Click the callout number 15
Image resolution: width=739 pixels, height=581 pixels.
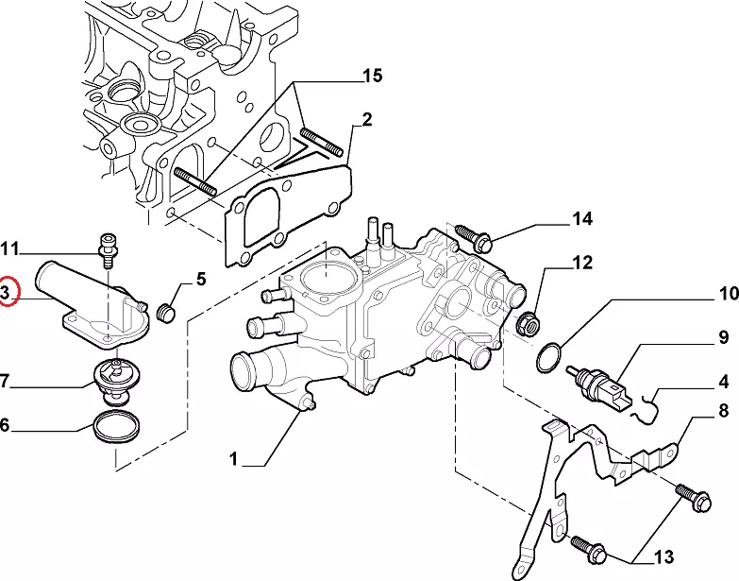(372, 76)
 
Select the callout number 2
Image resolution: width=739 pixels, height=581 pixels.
(366, 119)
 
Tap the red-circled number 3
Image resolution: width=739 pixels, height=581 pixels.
(6, 293)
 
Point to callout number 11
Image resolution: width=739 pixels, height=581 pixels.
(9, 249)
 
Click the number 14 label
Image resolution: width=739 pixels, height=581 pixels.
(581, 219)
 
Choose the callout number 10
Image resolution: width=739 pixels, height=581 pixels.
(728, 294)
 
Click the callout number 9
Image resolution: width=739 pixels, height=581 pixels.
(723, 336)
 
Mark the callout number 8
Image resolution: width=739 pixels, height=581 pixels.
(724, 411)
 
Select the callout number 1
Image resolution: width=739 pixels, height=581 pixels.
(233, 460)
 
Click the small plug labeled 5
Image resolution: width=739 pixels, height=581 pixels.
(171, 312)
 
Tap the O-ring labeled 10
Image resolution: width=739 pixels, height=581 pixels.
(548, 359)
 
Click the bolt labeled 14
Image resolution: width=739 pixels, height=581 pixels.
(471, 235)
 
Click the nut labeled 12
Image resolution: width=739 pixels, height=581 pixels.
(530, 325)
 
